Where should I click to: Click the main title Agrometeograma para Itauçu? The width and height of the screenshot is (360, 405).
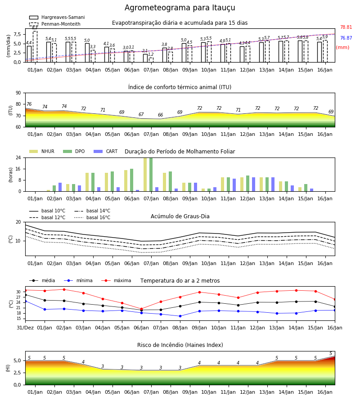180,8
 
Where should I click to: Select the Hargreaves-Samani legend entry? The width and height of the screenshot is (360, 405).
57,17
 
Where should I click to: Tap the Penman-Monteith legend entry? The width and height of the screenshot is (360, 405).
55,24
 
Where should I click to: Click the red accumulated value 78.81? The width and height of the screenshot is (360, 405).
346,27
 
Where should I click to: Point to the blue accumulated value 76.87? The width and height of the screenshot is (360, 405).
346,38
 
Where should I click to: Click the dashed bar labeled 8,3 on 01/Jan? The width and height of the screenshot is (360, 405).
35,47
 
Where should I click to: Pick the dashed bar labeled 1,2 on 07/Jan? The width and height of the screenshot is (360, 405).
151,60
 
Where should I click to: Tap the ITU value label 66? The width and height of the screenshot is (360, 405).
160,115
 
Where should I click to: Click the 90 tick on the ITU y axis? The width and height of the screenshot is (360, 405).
18,93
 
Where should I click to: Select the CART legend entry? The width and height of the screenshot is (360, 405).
106,151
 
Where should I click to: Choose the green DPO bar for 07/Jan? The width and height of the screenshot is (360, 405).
151,175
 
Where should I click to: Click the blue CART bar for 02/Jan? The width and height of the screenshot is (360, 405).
60,187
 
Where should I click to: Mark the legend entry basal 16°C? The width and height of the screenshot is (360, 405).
92,217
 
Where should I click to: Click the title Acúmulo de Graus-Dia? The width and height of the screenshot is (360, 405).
180,216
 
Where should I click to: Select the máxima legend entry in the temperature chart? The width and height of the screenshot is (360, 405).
116,280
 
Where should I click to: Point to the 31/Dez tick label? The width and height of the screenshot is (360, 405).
25,328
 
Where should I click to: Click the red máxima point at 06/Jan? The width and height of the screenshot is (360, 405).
141,309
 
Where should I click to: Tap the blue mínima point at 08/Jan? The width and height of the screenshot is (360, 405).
180,316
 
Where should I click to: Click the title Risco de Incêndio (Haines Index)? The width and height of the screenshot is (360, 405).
180,345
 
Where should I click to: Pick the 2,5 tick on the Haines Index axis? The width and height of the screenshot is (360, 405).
18,373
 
